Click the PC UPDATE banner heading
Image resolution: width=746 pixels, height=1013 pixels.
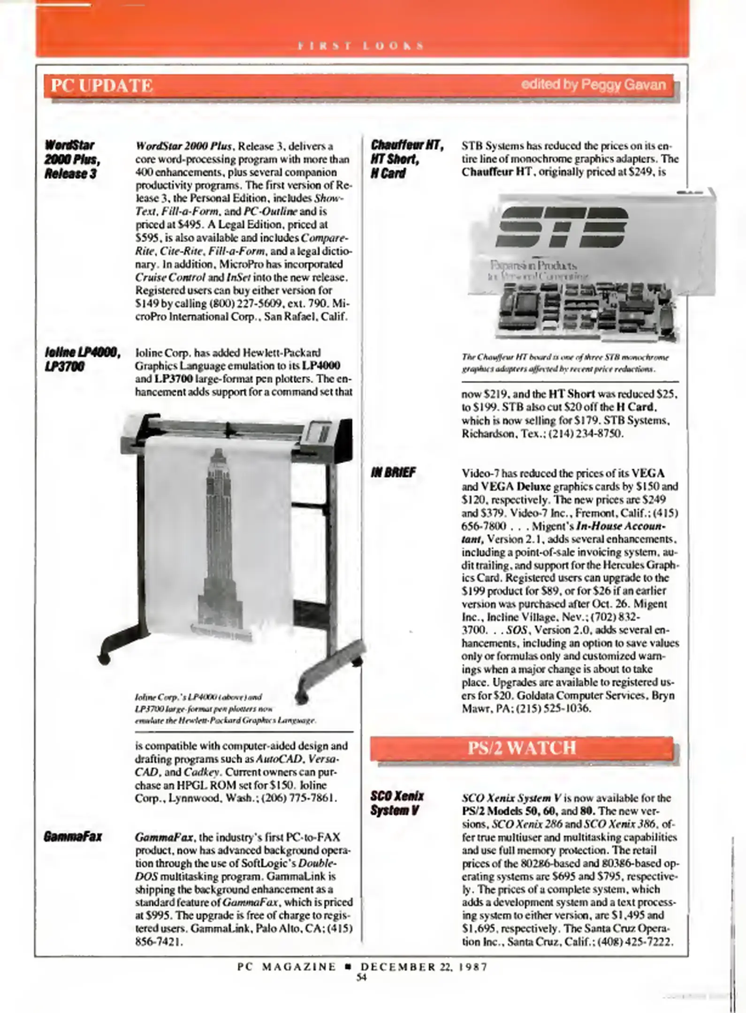pos(102,86)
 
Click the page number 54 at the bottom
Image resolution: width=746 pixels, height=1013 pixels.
pos(361,977)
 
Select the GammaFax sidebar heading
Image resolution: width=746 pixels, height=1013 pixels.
pos(73,837)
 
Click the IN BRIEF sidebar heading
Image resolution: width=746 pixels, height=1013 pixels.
pos(393,472)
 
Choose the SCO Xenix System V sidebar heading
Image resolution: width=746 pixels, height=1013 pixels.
pos(397,803)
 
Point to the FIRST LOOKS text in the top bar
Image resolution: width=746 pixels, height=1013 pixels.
pos(361,46)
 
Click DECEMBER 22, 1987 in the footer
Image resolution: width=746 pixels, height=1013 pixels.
pos(424,967)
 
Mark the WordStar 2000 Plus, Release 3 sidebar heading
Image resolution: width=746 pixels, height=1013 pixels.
pos(72,159)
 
